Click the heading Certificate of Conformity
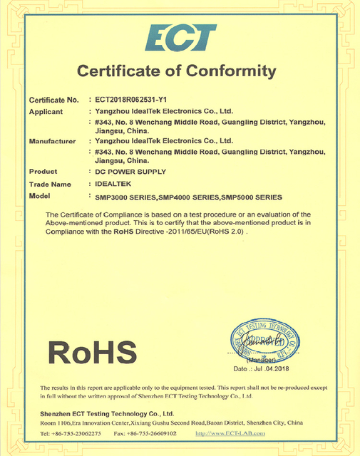coord(176,71)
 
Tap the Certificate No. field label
coord(53,100)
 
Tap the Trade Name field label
coord(50,184)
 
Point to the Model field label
coord(39,196)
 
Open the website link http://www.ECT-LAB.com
coord(230,433)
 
